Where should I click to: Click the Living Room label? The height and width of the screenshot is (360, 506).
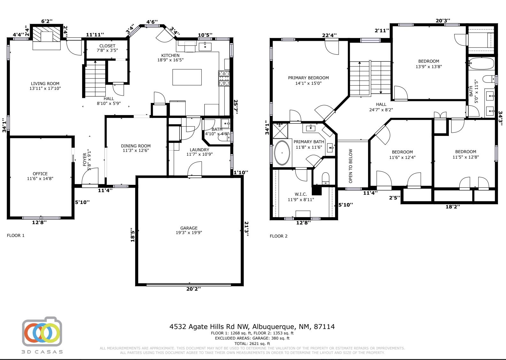tap(45, 86)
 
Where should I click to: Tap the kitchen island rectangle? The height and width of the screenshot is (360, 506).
tap(187, 77)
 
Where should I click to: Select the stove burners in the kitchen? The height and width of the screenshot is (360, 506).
tap(224, 78)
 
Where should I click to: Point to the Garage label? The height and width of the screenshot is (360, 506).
tap(189, 230)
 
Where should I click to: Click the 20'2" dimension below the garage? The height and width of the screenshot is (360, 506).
tap(193, 289)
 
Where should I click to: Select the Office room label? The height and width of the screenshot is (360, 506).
tap(40, 176)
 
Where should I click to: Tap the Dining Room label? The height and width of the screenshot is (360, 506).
tap(135, 148)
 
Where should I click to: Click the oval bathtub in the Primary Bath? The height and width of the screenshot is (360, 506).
tap(282, 153)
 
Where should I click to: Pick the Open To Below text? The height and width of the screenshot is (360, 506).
tap(351, 166)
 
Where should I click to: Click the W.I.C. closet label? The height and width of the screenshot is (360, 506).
tap(301, 197)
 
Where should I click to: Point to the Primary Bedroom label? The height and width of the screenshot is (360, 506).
tap(308, 80)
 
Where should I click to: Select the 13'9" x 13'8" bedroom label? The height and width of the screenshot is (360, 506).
tap(429, 64)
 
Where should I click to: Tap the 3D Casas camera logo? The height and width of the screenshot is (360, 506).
tap(42, 333)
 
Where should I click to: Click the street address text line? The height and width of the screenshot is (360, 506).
tap(252, 327)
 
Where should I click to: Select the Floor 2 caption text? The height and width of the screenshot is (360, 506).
tap(279, 236)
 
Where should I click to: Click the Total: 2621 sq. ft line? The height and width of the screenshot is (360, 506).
tap(252, 344)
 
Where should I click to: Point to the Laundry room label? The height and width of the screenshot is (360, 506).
tap(199, 152)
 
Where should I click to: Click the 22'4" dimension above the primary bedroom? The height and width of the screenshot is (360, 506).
tap(329, 35)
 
